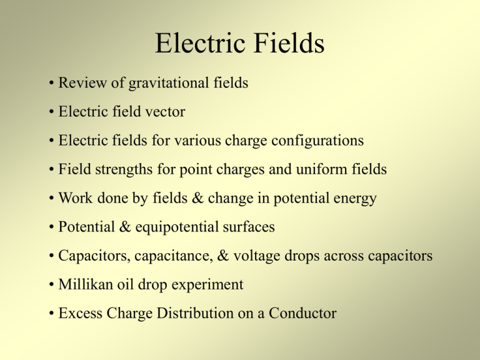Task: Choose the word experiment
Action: coord(207,286)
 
